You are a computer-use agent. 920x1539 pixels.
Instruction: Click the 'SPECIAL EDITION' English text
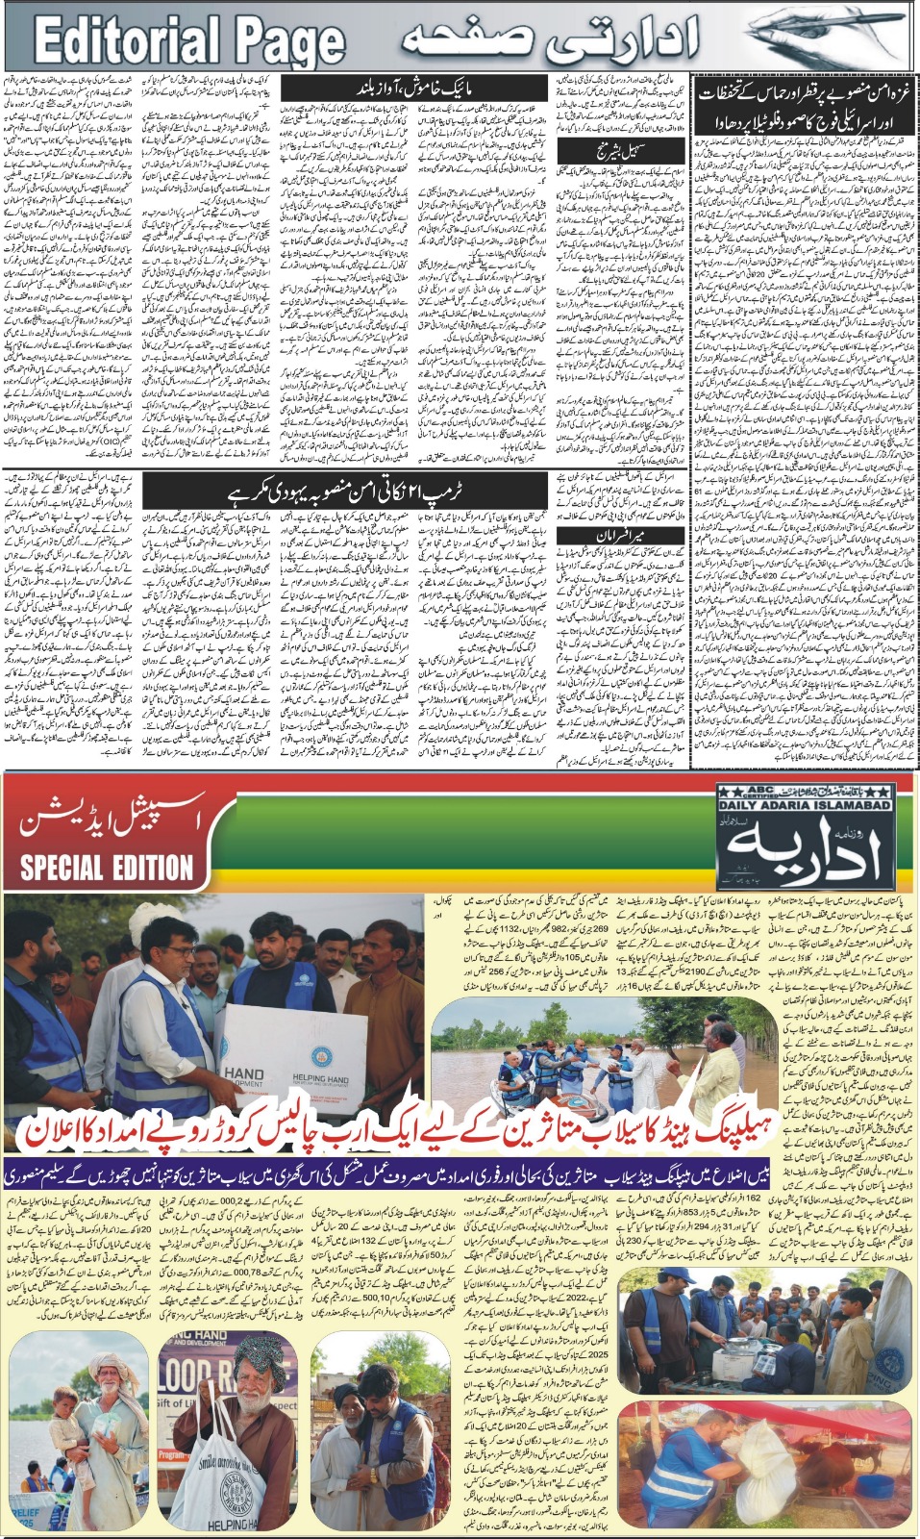107,867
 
